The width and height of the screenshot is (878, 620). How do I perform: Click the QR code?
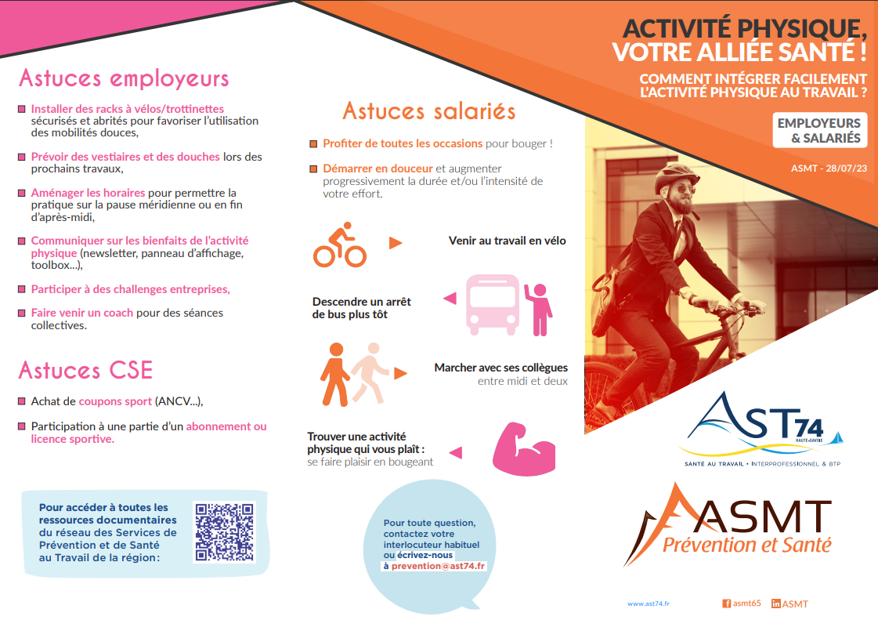(224, 532)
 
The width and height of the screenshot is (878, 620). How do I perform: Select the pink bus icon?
(493, 304)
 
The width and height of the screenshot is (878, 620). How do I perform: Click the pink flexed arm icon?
(523, 449)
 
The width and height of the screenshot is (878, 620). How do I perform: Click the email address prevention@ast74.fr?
(439, 566)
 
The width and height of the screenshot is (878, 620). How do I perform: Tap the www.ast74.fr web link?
(649, 604)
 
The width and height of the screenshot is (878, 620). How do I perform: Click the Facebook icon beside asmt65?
(726, 604)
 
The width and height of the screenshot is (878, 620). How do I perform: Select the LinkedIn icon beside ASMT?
(775, 604)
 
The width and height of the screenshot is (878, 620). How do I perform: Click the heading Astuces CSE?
(85, 371)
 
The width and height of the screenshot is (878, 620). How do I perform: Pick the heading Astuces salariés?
(429, 111)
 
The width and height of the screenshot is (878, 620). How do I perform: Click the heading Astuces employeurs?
(124, 78)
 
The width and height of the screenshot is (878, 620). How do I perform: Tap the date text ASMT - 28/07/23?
(829, 169)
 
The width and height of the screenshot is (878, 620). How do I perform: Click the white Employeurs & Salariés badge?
(820, 131)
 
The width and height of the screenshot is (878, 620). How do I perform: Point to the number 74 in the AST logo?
(809, 428)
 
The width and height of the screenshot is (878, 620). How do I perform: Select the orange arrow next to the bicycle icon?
(396, 243)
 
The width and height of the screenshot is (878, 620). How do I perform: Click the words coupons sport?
(115, 401)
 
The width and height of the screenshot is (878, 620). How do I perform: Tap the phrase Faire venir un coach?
(82, 313)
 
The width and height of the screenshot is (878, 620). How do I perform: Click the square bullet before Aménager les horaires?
(22, 193)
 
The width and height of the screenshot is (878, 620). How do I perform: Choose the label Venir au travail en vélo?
(508, 241)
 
